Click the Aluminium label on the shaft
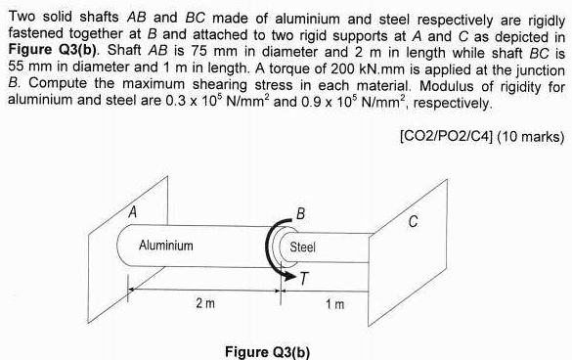[x=165, y=245]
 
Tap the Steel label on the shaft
[x=302, y=247]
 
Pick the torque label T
[x=305, y=280]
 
